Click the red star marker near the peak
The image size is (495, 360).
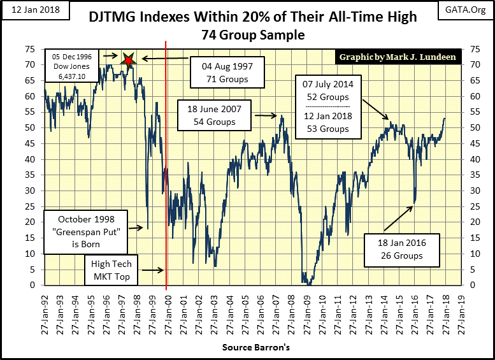(129, 60)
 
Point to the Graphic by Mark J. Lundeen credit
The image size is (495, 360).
(398, 57)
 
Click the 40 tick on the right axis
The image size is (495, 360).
(472, 159)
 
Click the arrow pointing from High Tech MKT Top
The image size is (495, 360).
(152, 270)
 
